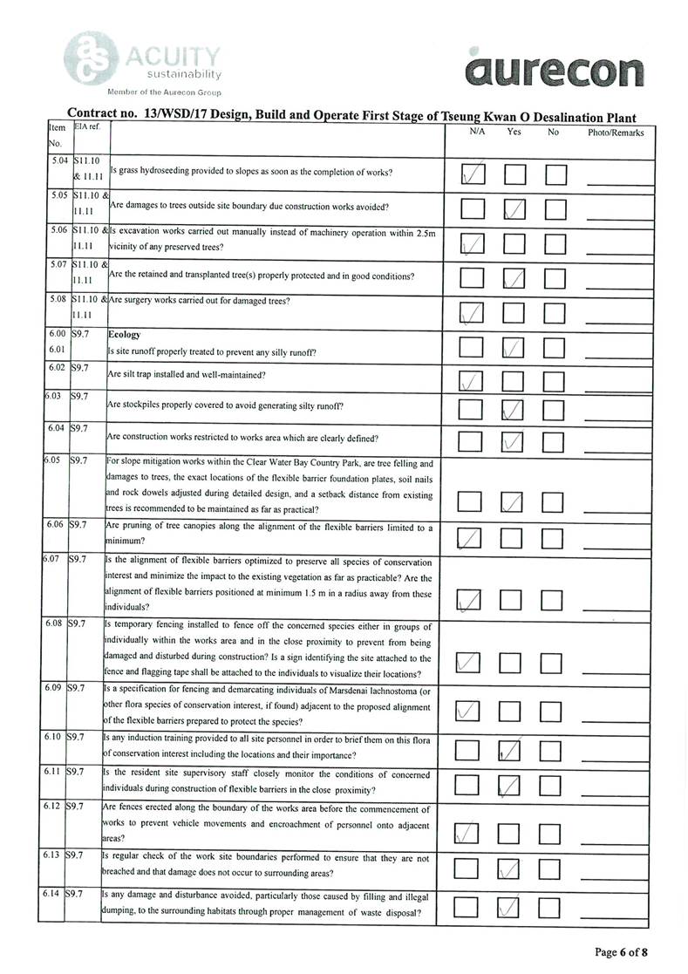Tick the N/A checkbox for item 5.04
[x=473, y=174]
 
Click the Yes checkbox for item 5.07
[x=514, y=277]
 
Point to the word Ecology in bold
[x=124, y=334]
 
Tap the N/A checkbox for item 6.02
[x=473, y=380]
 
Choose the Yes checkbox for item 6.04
[x=514, y=441]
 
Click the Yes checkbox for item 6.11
[x=514, y=787]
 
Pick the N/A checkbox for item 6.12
[x=472, y=832]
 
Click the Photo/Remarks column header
[x=616, y=133]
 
